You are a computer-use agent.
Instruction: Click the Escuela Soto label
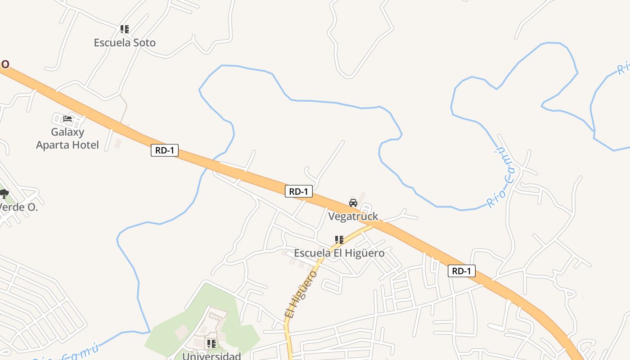click(x=125, y=43)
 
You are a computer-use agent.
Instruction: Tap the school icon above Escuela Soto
click(x=125, y=30)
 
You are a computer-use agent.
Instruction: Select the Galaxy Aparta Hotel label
click(x=67, y=139)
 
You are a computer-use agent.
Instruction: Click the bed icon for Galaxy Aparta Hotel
click(x=67, y=119)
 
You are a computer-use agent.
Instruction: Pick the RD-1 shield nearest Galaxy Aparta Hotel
click(x=165, y=151)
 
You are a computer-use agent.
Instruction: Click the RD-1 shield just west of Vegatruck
click(x=299, y=192)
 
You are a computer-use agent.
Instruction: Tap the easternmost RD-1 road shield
click(x=461, y=271)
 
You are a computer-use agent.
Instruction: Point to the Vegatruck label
click(x=353, y=216)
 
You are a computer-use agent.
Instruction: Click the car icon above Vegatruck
click(x=353, y=203)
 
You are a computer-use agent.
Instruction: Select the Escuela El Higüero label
click(x=339, y=253)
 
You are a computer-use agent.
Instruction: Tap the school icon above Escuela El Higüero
click(x=339, y=240)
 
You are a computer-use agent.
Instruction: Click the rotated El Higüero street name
click(x=301, y=294)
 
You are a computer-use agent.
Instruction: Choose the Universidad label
click(x=211, y=356)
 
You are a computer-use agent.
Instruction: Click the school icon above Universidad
click(x=211, y=344)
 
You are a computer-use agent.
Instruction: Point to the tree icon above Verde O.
click(x=4, y=194)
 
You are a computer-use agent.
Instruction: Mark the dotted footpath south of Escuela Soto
click(x=125, y=108)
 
